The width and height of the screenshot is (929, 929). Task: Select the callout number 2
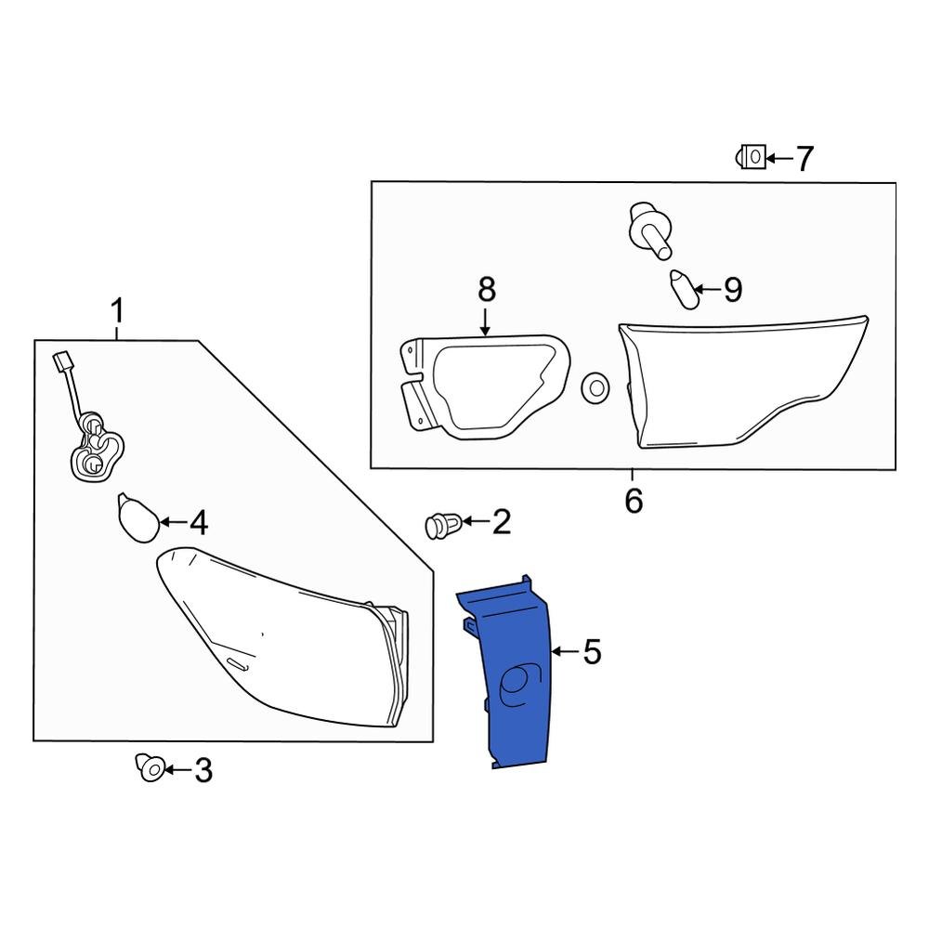pyautogui.click(x=501, y=522)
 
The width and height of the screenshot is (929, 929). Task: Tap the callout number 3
pyautogui.click(x=202, y=769)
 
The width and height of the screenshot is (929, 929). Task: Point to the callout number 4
pyautogui.click(x=198, y=524)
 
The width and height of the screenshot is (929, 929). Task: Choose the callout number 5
pyautogui.click(x=592, y=652)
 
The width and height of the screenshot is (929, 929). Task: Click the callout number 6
pyautogui.click(x=634, y=502)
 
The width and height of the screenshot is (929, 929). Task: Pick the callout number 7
pyautogui.click(x=803, y=159)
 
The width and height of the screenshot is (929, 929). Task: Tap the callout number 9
pyautogui.click(x=732, y=290)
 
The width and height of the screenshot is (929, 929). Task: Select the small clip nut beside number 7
pyautogui.click(x=752, y=158)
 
